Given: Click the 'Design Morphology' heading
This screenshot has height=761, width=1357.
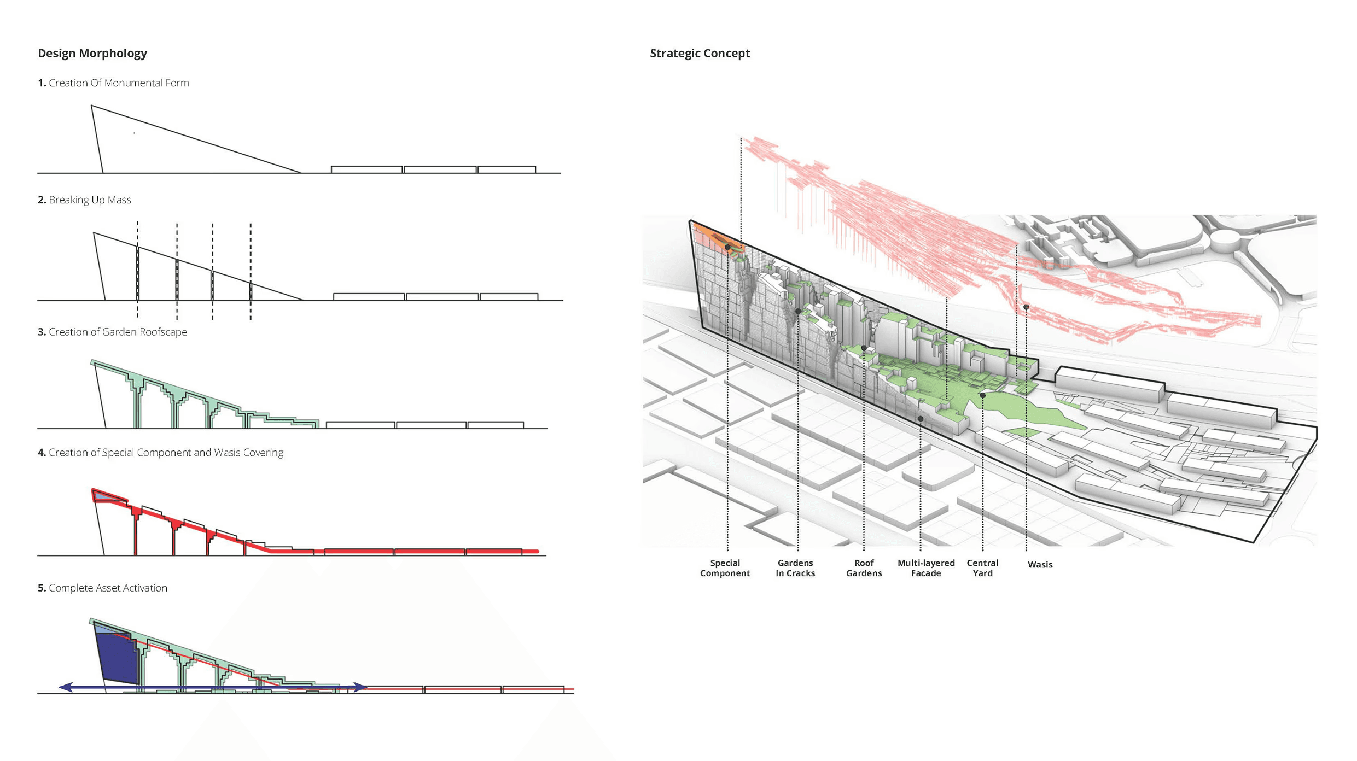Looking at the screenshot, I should click(x=92, y=54).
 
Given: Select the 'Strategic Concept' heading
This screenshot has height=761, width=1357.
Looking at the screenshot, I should click(x=700, y=54).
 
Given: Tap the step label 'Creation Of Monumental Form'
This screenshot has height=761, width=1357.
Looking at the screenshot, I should click(x=119, y=83).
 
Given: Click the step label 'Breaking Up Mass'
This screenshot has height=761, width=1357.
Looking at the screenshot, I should click(x=90, y=200).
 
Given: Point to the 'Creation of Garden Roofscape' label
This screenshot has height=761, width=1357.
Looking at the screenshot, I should click(x=118, y=332).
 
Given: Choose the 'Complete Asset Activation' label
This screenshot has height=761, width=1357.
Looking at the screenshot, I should click(x=108, y=588).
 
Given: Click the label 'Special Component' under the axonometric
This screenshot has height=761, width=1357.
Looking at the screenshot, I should click(x=725, y=568).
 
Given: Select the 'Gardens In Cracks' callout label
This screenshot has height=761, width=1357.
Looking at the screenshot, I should click(x=795, y=568).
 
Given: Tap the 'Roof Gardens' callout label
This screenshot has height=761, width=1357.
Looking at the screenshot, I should click(x=864, y=568).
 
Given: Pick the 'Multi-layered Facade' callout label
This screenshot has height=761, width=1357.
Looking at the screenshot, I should click(x=926, y=568).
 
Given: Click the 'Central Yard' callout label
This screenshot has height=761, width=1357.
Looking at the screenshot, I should click(x=982, y=568).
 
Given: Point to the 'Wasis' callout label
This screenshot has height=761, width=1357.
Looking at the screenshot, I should click(x=1040, y=565).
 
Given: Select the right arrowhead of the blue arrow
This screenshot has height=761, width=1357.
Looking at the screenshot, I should click(x=360, y=687).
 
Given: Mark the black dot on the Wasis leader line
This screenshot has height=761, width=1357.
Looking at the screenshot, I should click(x=1026, y=307).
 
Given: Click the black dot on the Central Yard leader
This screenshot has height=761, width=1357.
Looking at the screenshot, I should click(x=983, y=395).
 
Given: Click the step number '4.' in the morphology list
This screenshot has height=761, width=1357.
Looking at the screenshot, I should click(x=42, y=453).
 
